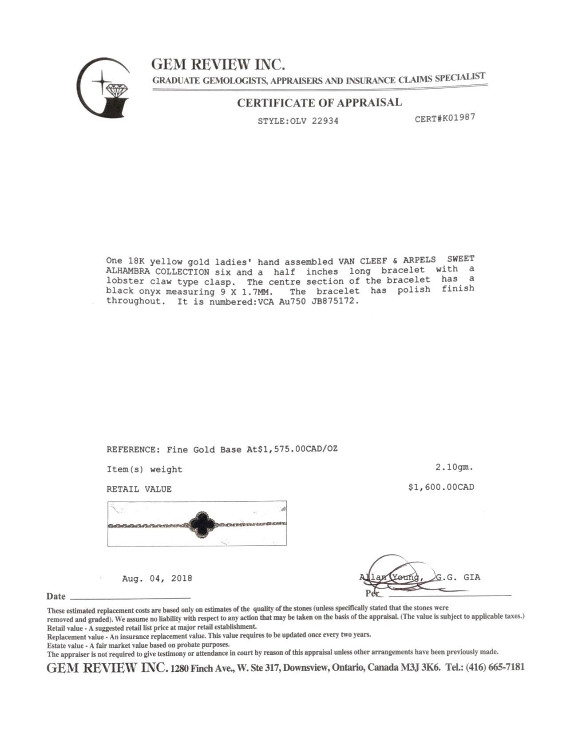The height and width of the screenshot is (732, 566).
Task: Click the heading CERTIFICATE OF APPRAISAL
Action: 319,102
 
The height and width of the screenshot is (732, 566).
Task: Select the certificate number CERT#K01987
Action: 445,118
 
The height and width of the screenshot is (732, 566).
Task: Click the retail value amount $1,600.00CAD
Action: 441,487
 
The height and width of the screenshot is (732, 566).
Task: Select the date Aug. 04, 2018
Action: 157,579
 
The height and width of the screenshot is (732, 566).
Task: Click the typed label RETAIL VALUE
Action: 139,489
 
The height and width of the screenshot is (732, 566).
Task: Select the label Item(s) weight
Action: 144,469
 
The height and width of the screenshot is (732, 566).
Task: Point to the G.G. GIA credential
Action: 458,577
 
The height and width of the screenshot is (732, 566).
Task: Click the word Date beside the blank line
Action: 56,596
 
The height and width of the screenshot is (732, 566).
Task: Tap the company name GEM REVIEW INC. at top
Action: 218,65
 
